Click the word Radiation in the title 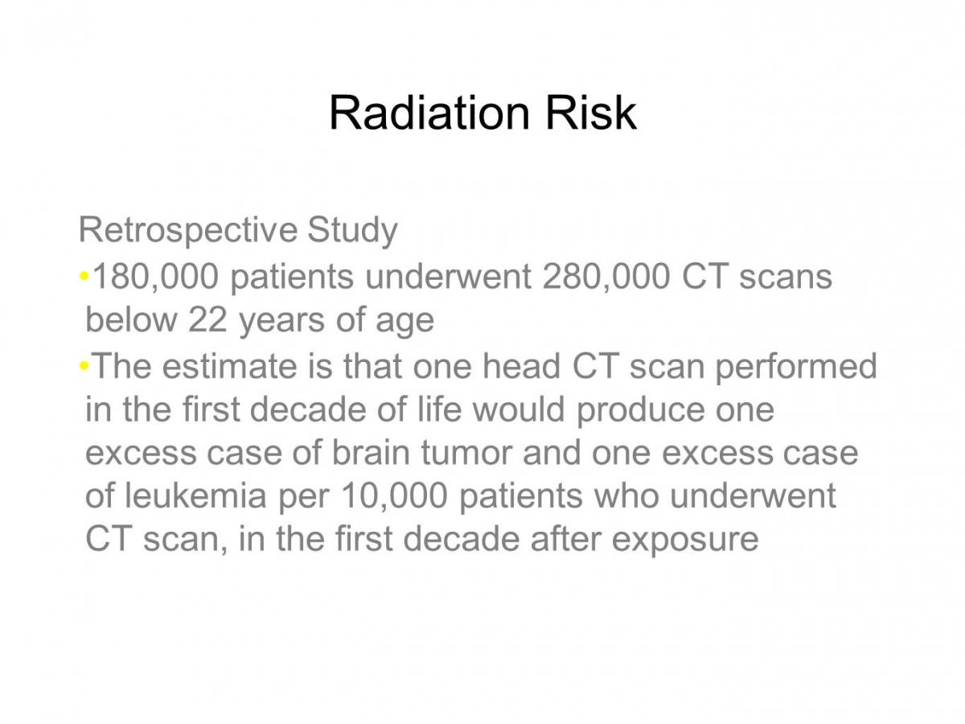coord(429,113)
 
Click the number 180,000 coord(156,278)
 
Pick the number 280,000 coord(606,278)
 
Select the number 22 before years coord(207,319)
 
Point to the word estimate coord(229,366)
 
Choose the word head coord(521,365)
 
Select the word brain coord(371,452)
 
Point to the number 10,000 coord(394,496)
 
